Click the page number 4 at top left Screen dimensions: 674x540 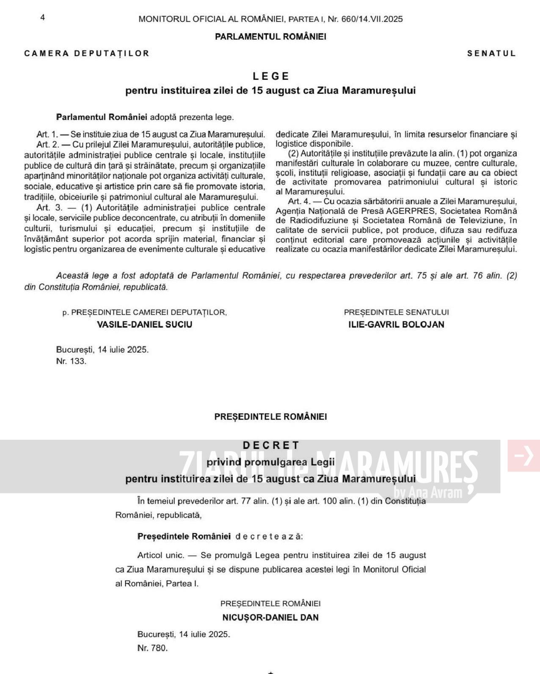[x=42, y=17]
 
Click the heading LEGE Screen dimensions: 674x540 [x=271, y=76]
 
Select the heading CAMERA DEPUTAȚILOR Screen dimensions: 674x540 [x=87, y=53]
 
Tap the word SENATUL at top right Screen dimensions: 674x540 [x=491, y=53]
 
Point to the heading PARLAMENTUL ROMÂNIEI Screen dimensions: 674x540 [x=270, y=36]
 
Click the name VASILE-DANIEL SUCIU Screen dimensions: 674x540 [x=145, y=324]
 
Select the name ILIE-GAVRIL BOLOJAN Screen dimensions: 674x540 [x=396, y=324]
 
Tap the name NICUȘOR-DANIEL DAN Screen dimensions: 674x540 [x=270, y=617]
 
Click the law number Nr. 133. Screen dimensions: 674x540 [x=71, y=361]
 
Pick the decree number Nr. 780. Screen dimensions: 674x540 [x=152, y=648]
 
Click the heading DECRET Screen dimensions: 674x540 [x=271, y=445]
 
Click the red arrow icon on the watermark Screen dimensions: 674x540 [x=524, y=456]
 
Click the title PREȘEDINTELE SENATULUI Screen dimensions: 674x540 [x=396, y=312]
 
